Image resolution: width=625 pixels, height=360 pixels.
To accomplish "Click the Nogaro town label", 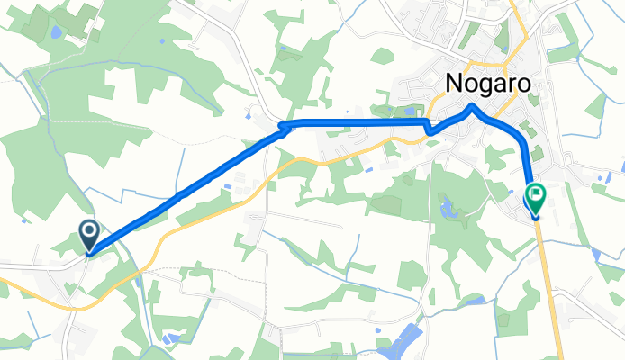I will pyautogui.click(x=487, y=84).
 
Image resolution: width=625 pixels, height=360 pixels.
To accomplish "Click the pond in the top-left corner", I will pyautogui.click(x=57, y=31).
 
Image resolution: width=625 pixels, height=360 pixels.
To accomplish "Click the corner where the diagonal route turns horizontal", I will pyautogui.click(x=285, y=125).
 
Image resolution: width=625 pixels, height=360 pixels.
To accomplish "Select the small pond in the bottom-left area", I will pyautogui.click(x=170, y=337).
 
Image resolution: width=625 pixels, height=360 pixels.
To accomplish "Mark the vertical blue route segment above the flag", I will pyautogui.click(x=528, y=162).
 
